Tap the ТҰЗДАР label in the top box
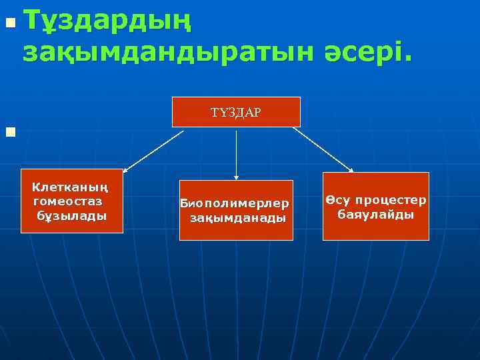click(x=236, y=112)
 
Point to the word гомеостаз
click(x=67, y=201)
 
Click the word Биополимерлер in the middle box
click(x=235, y=203)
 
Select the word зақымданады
click(x=237, y=218)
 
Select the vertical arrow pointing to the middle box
click(x=236, y=153)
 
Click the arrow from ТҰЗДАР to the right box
click(x=323, y=149)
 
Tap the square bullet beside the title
click(x=9, y=24)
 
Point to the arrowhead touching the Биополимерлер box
click(x=236, y=177)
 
